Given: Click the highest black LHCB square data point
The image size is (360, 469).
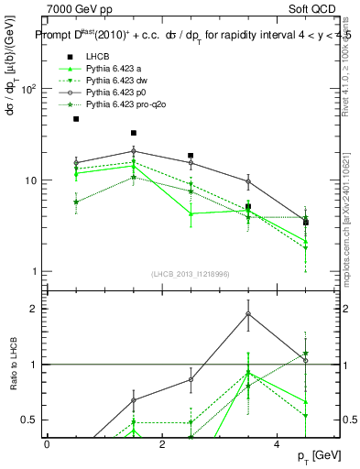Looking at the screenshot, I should coord(76,119).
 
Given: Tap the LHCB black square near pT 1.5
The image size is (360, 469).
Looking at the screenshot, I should coord(134,133).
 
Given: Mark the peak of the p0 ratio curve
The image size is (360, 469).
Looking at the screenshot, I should coord(248,314).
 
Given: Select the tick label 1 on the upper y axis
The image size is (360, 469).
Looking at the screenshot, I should coord(33,272).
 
